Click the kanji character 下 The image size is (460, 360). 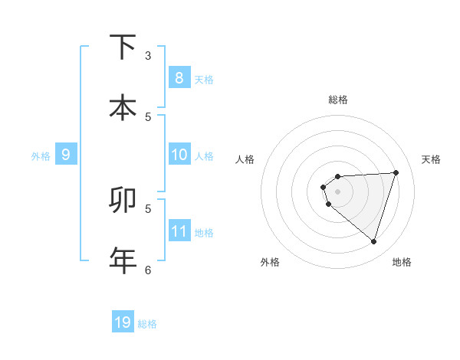coord(123,47)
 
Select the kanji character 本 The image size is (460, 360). coord(123,107)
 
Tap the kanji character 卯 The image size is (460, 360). coord(123,201)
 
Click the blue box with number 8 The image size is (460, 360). coord(179,78)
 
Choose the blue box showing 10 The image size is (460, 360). coord(179,155)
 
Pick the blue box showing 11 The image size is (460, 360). coord(179,231)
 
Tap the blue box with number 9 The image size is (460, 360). coord(66,155)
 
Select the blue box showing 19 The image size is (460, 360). coord(123,322)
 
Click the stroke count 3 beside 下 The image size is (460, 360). coord(148,56)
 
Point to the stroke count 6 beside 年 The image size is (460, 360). coord(148,270)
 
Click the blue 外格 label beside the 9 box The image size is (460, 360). coord(41,156)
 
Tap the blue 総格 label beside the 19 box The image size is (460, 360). coord(147,323)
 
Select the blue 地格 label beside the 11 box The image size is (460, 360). coord(204,232)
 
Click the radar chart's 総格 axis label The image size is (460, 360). coord(338,100)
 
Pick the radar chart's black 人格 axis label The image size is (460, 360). coord(245,159)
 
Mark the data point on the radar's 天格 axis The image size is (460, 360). coord(396,172)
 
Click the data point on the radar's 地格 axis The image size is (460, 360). coord(374,241)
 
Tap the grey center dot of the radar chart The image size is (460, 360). coord(338,191)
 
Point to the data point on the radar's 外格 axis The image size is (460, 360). coord(329,205)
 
